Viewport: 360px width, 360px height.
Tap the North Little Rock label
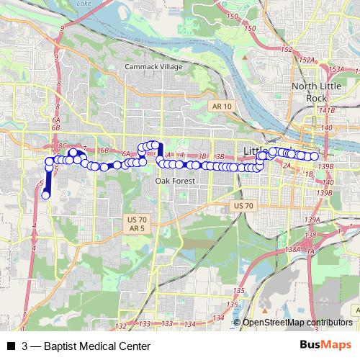(311, 92)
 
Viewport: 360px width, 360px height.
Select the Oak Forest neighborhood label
(172, 181)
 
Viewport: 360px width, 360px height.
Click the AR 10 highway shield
(222, 106)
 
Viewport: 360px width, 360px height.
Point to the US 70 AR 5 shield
(137, 223)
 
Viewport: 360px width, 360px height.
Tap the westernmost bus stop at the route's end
(45, 194)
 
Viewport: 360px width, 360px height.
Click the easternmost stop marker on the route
(315, 156)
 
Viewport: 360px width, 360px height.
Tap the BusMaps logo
(325, 346)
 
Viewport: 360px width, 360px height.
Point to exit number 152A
(307, 60)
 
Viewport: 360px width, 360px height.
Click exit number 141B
(328, 110)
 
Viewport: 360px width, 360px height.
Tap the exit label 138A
(292, 249)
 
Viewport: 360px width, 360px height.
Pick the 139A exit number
(312, 220)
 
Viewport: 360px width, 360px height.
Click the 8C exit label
(61, 145)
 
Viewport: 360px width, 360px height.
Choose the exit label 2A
(286, 166)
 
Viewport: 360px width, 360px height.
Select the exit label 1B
(309, 174)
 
